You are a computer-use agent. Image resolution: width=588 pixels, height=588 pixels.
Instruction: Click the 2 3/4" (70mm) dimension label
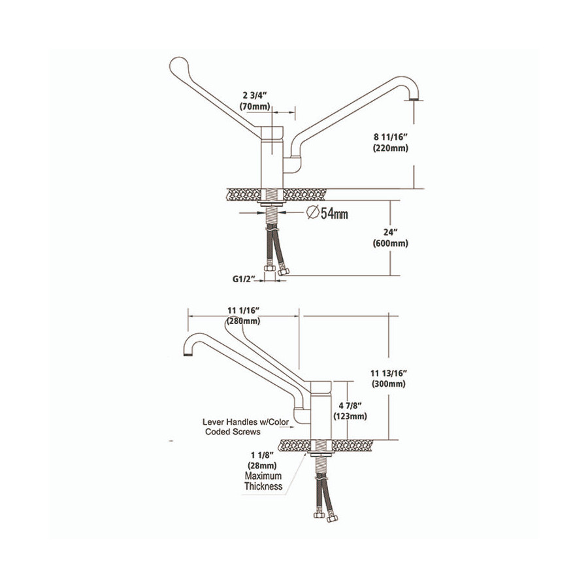coord(255,102)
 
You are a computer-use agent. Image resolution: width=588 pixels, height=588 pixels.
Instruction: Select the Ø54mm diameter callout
coord(327,213)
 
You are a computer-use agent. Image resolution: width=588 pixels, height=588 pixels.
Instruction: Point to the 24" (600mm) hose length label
coord(391,238)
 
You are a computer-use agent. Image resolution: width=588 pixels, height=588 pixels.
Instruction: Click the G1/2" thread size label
coord(244,279)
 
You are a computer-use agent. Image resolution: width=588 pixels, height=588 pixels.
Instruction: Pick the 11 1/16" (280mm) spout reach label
coord(244,316)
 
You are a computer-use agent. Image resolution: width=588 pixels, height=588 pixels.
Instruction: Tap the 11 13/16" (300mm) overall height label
coord(389,378)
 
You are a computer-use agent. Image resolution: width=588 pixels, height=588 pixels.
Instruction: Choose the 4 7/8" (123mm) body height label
coord(350,411)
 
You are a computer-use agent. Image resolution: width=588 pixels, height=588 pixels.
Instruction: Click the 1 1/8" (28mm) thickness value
coord(263,461)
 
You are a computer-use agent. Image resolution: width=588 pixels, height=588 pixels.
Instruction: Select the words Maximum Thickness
coord(263,481)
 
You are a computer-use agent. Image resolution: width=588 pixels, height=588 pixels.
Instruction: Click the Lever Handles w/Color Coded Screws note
coord(246,427)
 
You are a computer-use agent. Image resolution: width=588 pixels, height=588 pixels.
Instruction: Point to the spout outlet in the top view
coord(412,99)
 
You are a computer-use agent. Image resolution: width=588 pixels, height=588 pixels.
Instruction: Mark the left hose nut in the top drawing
coord(270,269)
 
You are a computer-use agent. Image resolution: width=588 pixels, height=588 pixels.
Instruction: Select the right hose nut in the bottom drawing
coord(333,519)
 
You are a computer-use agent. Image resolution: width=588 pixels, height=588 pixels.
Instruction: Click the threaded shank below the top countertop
coord(272,215)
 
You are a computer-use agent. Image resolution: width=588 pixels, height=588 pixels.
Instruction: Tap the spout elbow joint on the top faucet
coord(292,165)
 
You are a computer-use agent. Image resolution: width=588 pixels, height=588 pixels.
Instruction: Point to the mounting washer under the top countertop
coord(272,203)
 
